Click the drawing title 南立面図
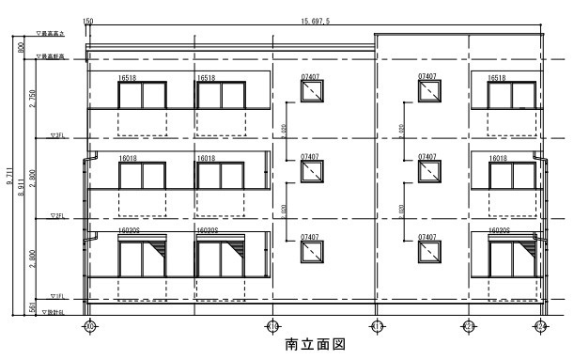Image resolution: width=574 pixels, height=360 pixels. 315,345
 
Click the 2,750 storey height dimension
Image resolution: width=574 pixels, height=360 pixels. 35,97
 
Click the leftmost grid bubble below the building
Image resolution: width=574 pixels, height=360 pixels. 90,325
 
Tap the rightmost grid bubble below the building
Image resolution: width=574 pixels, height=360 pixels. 540,325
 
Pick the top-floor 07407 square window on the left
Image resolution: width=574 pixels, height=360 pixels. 311,91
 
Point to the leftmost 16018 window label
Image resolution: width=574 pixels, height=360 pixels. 129,159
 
